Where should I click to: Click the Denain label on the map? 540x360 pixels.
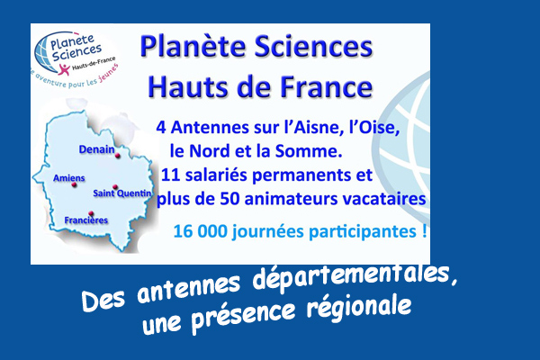point(97,149)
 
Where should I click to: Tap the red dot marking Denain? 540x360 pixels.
point(117,156)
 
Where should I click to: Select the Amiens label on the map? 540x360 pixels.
point(69,178)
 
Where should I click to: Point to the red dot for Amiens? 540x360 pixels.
point(74,184)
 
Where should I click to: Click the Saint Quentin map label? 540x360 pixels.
point(122,193)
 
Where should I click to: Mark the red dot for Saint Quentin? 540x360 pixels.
point(115,187)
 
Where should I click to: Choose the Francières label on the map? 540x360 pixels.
point(86,220)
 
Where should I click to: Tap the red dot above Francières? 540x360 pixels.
point(91,213)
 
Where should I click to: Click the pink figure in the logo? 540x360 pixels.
point(64,69)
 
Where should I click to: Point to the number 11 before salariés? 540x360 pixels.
point(170,175)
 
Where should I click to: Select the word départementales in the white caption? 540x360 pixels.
point(355,276)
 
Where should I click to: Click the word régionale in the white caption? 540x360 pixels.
point(359,308)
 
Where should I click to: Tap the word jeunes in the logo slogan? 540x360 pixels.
point(108,74)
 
